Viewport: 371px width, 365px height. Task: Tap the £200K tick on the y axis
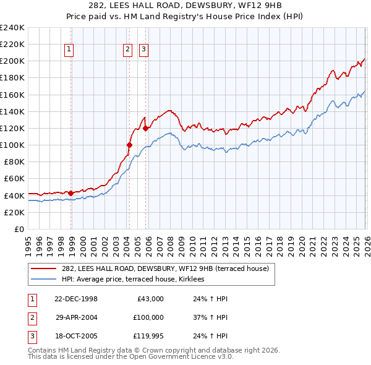[12, 61]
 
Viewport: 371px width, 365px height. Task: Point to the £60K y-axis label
[14, 179]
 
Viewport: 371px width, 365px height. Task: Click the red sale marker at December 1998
[71, 193]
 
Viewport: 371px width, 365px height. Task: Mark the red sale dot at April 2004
[130, 145]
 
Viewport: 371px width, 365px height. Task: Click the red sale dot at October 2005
[146, 128]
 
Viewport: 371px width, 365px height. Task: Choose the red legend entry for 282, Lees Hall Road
[164, 268]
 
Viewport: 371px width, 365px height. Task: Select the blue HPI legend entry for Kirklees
[137, 280]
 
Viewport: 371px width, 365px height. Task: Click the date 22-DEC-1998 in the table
[76, 299]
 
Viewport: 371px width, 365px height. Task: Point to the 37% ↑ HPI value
[206, 317]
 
